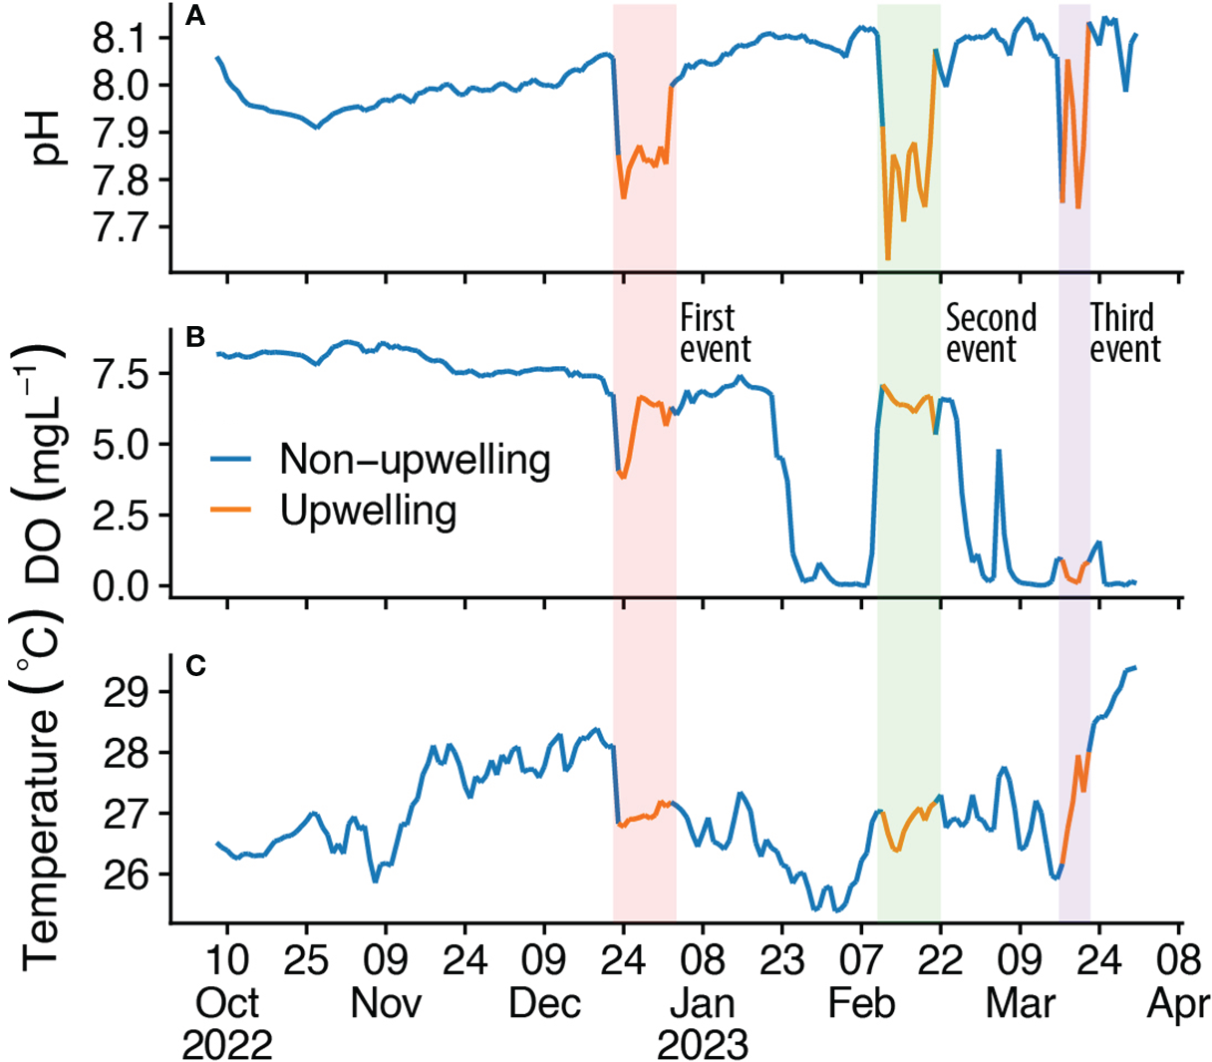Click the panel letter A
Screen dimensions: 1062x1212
(195, 16)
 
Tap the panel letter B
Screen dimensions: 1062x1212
(195, 337)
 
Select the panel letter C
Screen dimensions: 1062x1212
(195, 665)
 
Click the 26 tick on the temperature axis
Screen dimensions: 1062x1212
(136, 875)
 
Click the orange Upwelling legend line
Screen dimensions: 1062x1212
(230, 511)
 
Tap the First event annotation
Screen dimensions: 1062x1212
(715, 334)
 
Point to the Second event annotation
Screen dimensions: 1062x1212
(991, 334)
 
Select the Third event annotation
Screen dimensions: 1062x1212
(1124, 334)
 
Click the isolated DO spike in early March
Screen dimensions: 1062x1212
(998, 451)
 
